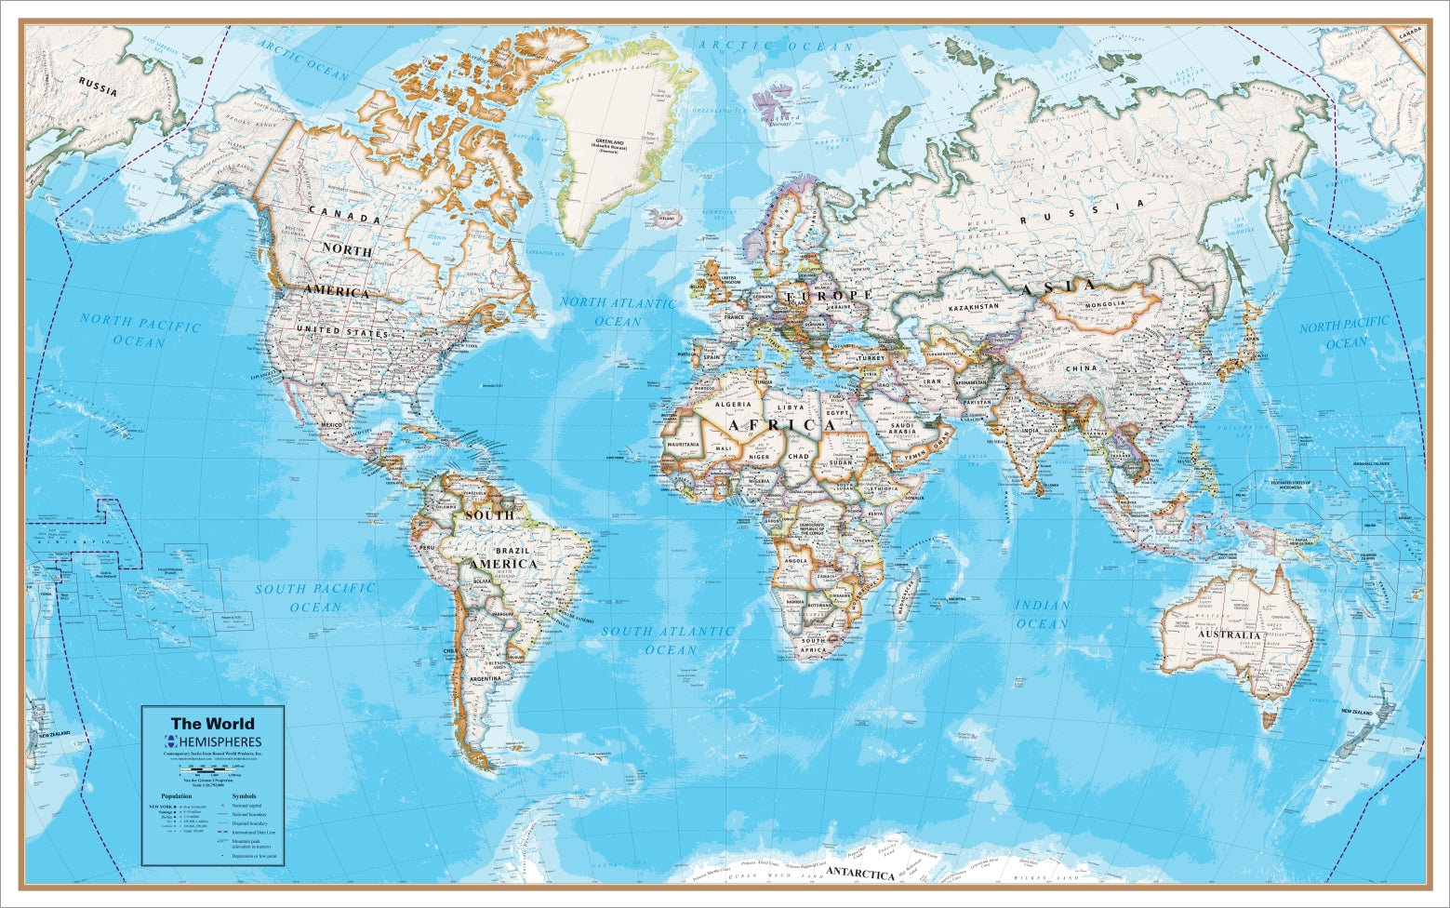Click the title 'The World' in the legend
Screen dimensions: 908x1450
pyautogui.click(x=212, y=723)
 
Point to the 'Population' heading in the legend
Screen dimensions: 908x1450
pyautogui.click(x=176, y=796)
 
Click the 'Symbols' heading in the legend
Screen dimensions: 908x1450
pyautogui.click(x=244, y=796)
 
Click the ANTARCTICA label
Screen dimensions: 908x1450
pyautogui.click(x=860, y=874)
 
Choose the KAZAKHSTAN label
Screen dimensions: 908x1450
pyautogui.click(x=974, y=306)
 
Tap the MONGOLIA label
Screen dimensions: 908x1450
pyautogui.click(x=1105, y=303)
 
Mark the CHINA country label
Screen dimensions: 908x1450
pyautogui.click(x=1081, y=368)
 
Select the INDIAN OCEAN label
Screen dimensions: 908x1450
pyautogui.click(x=1042, y=614)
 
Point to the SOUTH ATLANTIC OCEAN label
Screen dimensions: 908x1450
pyautogui.click(x=668, y=639)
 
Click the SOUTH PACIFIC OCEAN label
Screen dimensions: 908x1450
pyautogui.click(x=315, y=597)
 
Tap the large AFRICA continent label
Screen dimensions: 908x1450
pyautogui.click(x=781, y=425)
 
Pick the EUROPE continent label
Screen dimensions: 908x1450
pyautogui.click(x=830, y=295)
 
